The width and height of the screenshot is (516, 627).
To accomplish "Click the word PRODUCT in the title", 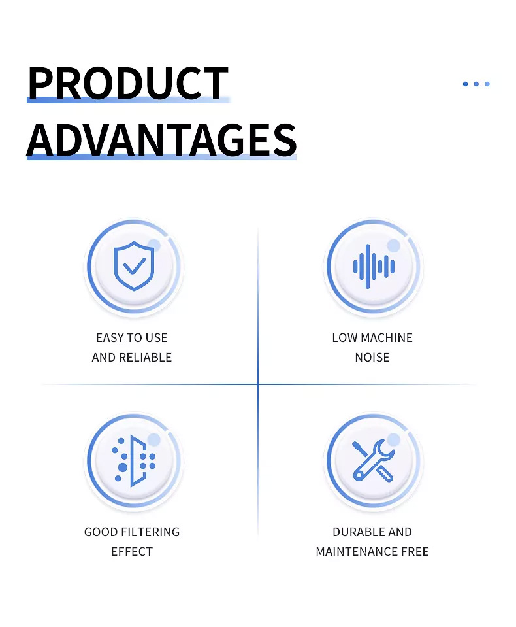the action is click(x=128, y=83).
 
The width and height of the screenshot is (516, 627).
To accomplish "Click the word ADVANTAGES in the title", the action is click(x=162, y=139).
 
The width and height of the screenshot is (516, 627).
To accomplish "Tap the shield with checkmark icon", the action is click(x=134, y=265).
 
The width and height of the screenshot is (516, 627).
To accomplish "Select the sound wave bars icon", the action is click(x=374, y=266).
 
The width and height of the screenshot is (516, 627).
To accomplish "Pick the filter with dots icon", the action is click(x=134, y=461).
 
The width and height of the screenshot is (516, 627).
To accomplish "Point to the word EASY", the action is click(x=110, y=338).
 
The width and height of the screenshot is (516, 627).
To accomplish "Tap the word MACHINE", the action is click(x=387, y=338).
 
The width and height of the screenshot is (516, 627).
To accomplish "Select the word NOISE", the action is click(x=372, y=358).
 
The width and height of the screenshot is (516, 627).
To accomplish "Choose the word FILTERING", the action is click(x=150, y=532).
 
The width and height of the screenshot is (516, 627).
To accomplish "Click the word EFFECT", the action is click(x=132, y=552).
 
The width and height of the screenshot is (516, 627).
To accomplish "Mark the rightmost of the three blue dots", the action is click(x=487, y=84).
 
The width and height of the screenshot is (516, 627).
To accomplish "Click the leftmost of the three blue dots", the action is click(x=465, y=84).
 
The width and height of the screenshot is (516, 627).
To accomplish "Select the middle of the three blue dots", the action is click(x=476, y=84).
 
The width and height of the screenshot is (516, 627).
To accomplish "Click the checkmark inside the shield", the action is click(x=134, y=266).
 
